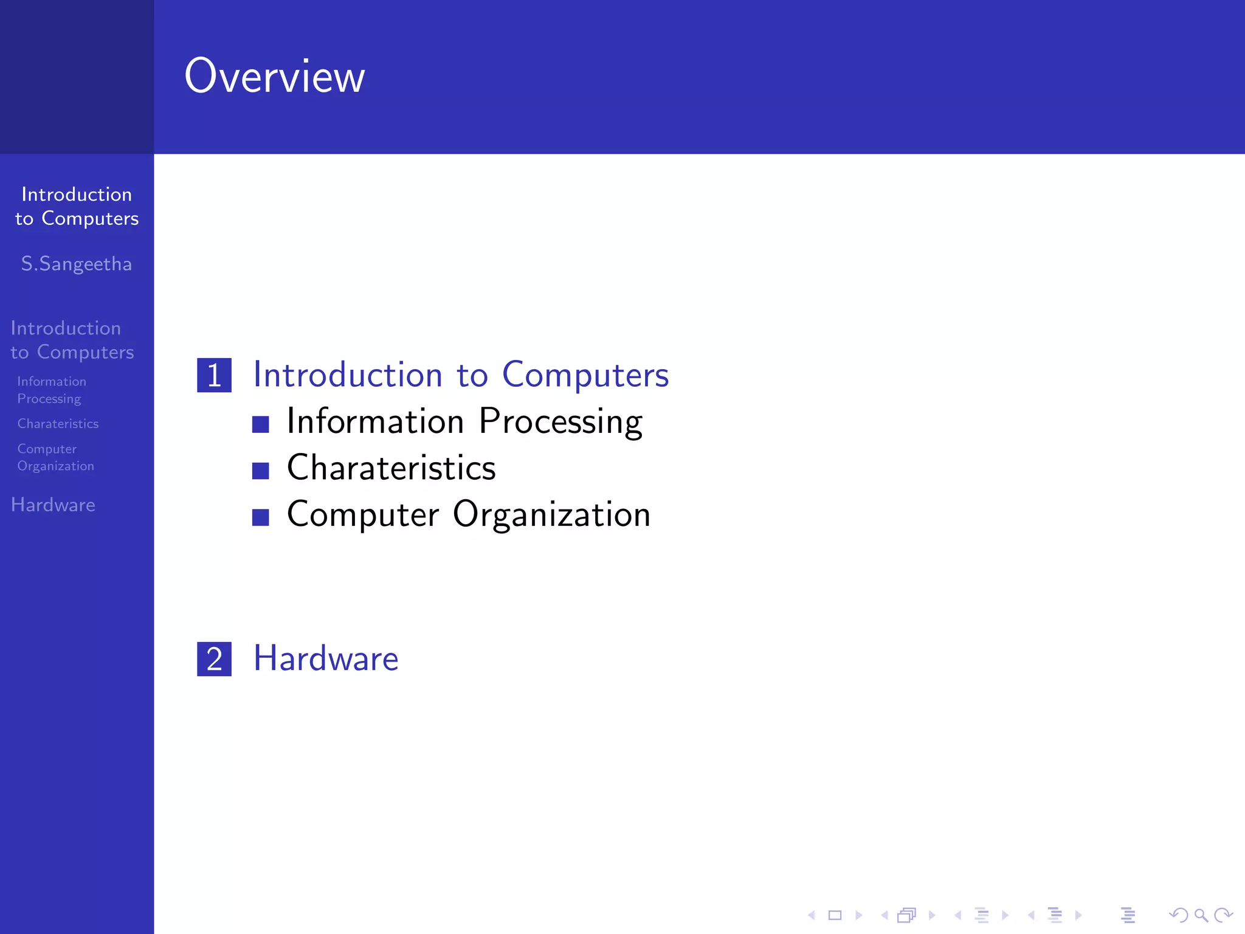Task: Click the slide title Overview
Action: (x=274, y=77)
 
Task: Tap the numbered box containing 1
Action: (x=214, y=375)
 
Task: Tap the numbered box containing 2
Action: (x=214, y=659)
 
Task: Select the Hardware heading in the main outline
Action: (x=326, y=659)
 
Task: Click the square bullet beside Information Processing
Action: (x=261, y=424)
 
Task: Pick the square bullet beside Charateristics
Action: (x=261, y=471)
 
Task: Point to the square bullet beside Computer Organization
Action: (x=261, y=517)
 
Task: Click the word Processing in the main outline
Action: (x=560, y=421)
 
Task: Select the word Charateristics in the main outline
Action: (x=391, y=468)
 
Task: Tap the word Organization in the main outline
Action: (x=551, y=515)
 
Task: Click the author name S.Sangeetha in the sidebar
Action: (x=77, y=264)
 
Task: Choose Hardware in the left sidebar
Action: (x=53, y=505)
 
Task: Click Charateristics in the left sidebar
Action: (x=58, y=424)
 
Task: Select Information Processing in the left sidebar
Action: (x=51, y=390)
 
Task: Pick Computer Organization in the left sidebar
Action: (x=55, y=457)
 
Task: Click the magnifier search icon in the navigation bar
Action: (x=1201, y=915)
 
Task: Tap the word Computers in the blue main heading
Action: (x=585, y=375)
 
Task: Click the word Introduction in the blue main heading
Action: (x=348, y=375)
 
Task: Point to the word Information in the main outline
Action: (x=375, y=421)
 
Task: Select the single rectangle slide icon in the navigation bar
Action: (x=835, y=915)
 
